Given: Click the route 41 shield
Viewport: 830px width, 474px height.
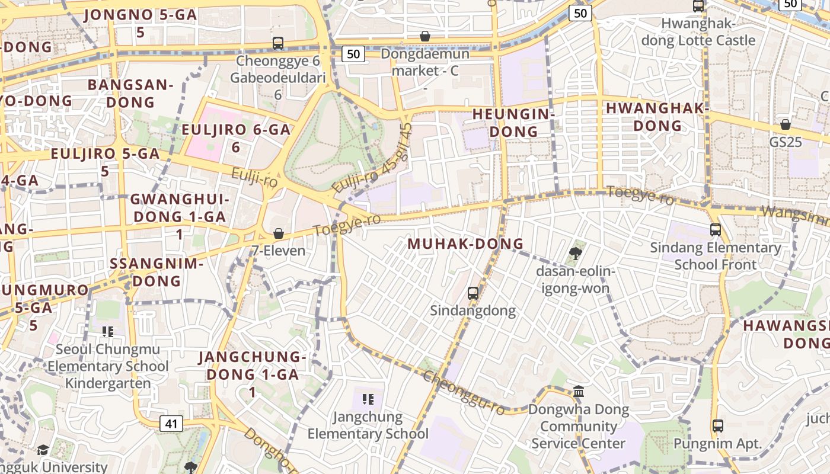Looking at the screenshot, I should point(171,424).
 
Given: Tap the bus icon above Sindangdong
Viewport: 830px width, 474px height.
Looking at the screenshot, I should point(473,293).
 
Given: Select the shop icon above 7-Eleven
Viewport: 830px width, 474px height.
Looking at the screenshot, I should point(278,234).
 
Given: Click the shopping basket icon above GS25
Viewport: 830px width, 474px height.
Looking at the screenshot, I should point(785,125).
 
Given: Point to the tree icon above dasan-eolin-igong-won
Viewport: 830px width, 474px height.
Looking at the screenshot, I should point(574,254).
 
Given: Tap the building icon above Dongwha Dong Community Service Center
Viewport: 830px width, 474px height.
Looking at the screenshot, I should point(579,391).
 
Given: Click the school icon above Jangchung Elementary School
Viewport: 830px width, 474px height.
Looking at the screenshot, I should point(368,399).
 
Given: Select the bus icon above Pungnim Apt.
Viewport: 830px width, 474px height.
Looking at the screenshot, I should point(717,425).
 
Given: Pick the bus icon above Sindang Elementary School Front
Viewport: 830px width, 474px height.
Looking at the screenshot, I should point(715,230).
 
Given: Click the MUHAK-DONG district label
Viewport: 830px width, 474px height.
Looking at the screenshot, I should point(465,244).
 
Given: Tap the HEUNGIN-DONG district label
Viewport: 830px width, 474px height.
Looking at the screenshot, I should point(513,123).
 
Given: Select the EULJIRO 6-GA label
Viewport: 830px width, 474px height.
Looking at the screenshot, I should point(236,137).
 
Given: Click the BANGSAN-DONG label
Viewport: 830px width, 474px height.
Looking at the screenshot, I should point(130,93).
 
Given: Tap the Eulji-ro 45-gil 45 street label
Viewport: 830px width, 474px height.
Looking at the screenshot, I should point(372,158).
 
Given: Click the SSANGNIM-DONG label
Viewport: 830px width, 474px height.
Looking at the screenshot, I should point(157,272).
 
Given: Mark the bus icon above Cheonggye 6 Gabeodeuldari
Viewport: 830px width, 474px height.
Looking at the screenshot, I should point(277,43).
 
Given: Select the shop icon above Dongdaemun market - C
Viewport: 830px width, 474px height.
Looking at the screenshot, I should point(424,37).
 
